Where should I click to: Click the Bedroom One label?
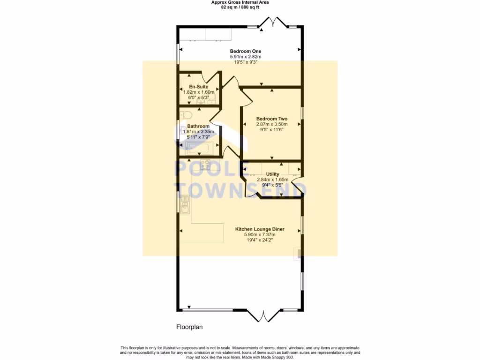tap(245, 51)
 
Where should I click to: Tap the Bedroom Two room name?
tap(271, 119)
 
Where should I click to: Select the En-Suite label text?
tap(198, 87)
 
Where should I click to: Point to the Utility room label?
tap(272, 174)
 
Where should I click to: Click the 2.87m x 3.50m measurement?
tap(271, 124)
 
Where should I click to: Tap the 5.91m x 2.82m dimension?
tap(245, 57)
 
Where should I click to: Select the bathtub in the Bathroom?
tap(199, 148)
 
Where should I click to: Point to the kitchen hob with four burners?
tap(205, 164)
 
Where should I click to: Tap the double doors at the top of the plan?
tap(273, 23)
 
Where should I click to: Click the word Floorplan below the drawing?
tap(189, 327)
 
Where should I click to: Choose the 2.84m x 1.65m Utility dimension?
tap(272, 180)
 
